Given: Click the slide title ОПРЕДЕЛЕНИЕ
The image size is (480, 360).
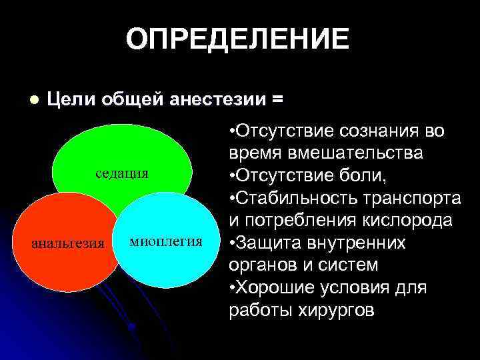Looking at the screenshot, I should pyautogui.click(x=237, y=39).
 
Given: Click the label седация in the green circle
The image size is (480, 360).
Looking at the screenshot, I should pyautogui.click(x=121, y=173).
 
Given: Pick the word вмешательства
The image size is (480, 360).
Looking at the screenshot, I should pyautogui.click(x=357, y=153).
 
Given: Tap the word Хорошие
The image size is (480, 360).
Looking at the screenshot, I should pyautogui.click(x=275, y=288).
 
